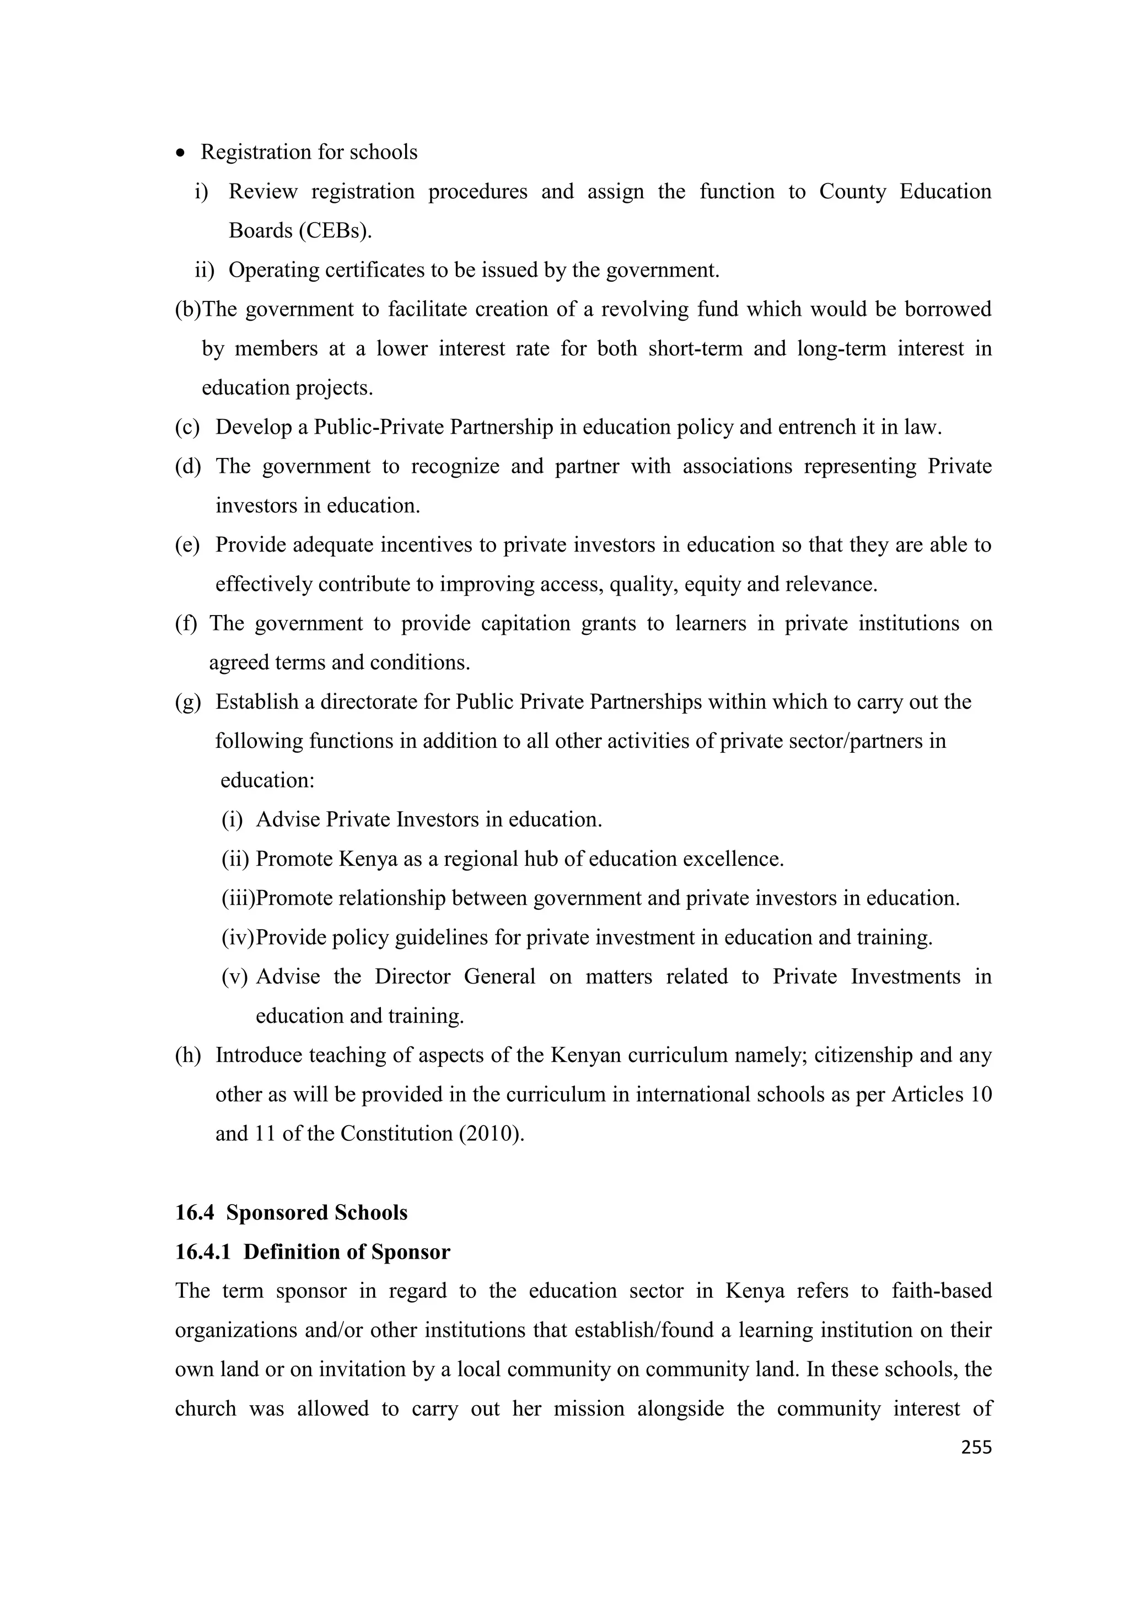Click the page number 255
(975, 1448)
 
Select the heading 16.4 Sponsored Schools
(291, 1212)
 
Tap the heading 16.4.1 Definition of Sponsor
(313, 1251)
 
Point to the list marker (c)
(187, 427)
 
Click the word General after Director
(499, 976)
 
